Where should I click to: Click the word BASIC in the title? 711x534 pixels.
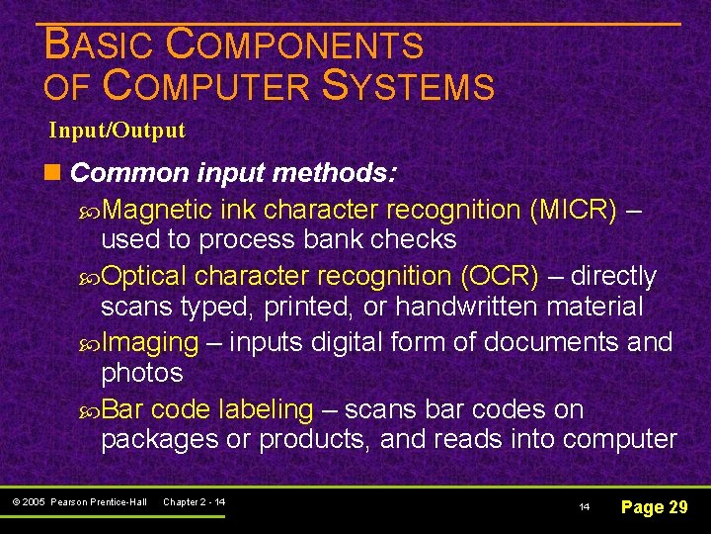[x=100, y=44]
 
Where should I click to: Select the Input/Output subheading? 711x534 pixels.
[x=118, y=131]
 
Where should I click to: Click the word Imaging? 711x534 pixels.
[x=150, y=342]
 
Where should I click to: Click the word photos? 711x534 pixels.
[x=142, y=373]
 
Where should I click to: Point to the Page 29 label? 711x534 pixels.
[x=653, y=507]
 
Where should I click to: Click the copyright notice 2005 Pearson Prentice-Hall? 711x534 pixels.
[x=80, y=502]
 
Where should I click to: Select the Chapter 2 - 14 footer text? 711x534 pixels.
[x=194, y=502]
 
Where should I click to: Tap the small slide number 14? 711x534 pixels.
[x=585, y=507]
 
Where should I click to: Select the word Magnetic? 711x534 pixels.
[x=159, y=210]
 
